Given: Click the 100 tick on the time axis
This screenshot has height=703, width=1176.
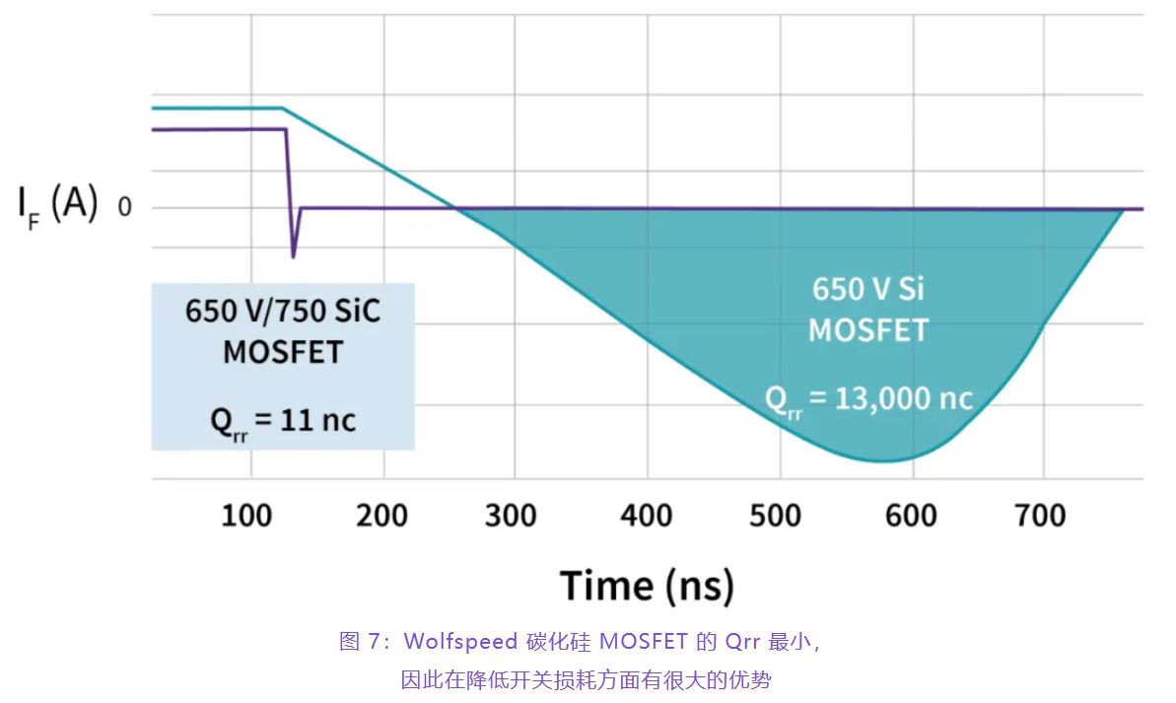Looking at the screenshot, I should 246,516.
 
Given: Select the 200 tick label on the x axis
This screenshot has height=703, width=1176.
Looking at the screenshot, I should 381,516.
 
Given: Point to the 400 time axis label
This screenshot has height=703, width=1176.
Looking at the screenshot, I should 647,516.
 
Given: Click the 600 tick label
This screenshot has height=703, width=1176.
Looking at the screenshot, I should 911,516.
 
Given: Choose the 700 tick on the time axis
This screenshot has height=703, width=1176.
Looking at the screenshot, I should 1040,516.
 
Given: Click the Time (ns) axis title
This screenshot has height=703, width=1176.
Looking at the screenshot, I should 648,586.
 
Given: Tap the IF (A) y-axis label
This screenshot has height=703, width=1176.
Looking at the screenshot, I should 57,205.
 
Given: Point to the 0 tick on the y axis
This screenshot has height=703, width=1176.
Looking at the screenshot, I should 124,207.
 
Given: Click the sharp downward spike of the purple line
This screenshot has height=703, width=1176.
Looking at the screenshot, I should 293,254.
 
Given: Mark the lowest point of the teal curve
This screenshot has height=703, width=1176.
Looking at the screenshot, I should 887,460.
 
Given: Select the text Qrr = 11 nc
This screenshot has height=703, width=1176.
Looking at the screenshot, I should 283,421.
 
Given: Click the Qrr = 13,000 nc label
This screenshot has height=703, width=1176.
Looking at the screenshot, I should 868,399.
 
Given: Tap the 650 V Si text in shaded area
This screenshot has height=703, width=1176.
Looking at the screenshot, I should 868,289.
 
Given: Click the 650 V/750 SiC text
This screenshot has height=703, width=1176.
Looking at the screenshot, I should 283,311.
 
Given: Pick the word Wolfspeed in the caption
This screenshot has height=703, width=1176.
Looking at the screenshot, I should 460,642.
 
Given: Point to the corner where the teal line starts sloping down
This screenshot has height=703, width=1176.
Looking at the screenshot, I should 283,108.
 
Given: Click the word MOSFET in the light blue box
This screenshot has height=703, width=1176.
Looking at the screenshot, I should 283,351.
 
